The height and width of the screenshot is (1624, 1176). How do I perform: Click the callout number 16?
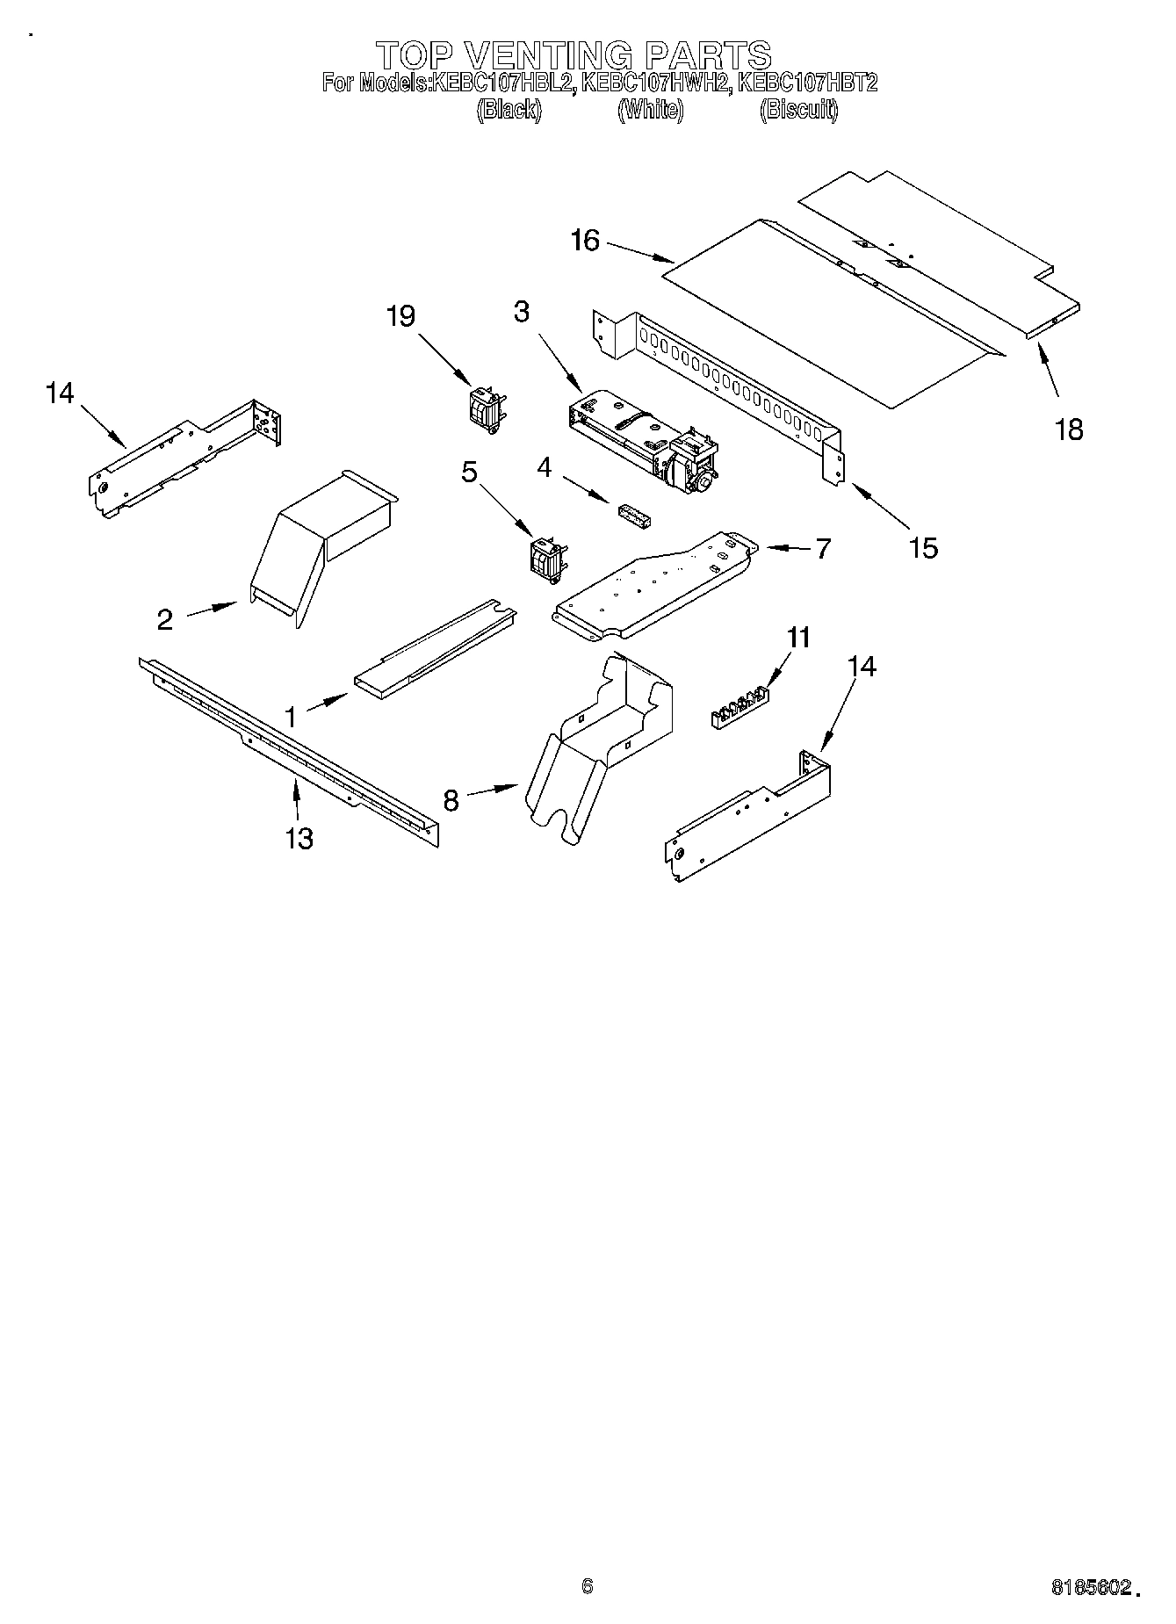584,240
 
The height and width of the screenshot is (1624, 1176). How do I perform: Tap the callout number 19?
400,316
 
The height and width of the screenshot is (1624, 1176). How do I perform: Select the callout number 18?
1069,430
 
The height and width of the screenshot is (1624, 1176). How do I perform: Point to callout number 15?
923,548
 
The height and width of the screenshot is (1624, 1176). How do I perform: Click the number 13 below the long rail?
299,839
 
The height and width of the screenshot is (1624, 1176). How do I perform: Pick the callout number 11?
799,637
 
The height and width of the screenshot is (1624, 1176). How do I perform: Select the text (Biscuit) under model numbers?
797,110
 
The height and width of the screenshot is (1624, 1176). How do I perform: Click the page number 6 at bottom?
588,1586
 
